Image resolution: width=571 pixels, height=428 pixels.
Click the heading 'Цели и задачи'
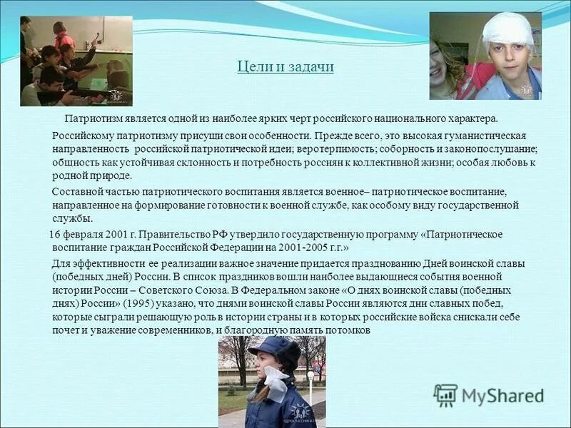click(285, 67)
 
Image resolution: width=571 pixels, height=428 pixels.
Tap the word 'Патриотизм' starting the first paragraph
click(93, 119)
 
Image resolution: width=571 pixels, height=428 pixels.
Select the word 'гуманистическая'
click(485, 136)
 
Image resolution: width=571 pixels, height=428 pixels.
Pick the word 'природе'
click(109, 176)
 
